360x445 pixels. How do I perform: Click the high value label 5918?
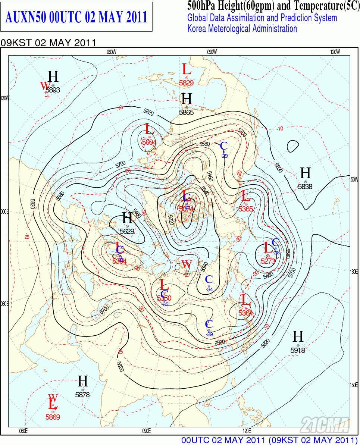tap(298, 350)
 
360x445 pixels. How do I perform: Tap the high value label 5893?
tap(53, 90)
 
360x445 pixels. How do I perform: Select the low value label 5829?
tap(187, 83)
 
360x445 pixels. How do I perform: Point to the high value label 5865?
tap(187, 112)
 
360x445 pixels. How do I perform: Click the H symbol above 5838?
tap(306, 173)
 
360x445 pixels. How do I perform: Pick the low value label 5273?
tap(268, 261)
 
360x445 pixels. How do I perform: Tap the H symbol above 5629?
tap(128, 218)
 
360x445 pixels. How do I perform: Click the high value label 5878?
tap(82, 394)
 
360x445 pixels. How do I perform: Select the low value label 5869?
tap(53, 417)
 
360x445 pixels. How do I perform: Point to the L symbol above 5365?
tap(245, 196)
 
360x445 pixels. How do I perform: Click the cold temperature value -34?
tap(209, 289)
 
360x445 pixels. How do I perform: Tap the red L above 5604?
tap(149, 129)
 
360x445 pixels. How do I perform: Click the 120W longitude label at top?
tap(335, 52)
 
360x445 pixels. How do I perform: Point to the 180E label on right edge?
tap(354, 272)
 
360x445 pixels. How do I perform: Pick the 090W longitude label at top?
tap(212, 52)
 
